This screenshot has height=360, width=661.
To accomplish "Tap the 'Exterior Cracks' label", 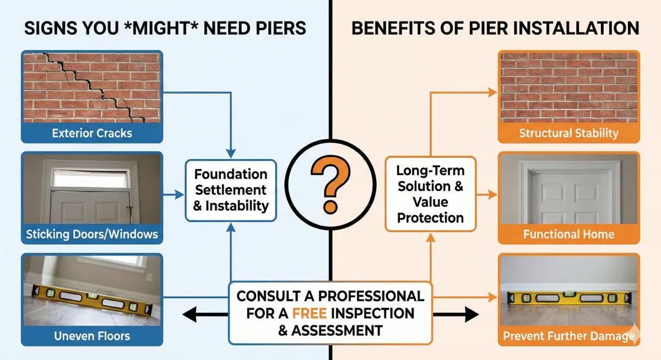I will pos(92,133).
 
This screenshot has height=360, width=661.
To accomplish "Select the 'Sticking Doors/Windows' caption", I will pos(92,234).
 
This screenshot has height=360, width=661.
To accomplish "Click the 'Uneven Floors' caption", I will pos(92,335).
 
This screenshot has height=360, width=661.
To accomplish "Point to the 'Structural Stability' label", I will pos(568,133).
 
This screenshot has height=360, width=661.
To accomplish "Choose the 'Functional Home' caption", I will pos(568,234).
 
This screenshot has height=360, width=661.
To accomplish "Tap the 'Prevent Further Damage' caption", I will pos(568,335).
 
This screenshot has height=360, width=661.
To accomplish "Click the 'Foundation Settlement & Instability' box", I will pos(231,190).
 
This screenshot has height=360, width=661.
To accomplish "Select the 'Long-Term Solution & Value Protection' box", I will pos(430,194).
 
